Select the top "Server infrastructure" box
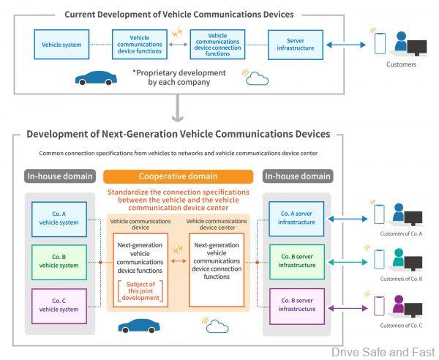[295, 45]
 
